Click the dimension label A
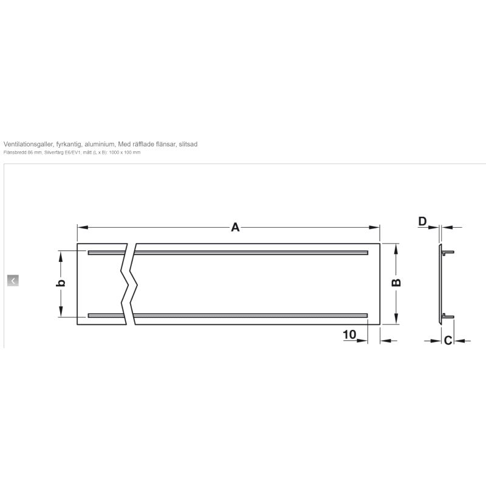coord(235,227)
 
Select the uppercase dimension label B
coord(397,282)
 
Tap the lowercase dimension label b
coord(61,282)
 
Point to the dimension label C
coord(448,341)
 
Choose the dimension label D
coord(422,222)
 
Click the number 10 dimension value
coord(349,335)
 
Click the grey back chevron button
coord(13,281)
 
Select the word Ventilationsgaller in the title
coord(28,144)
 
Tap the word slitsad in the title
coord(188,144)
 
